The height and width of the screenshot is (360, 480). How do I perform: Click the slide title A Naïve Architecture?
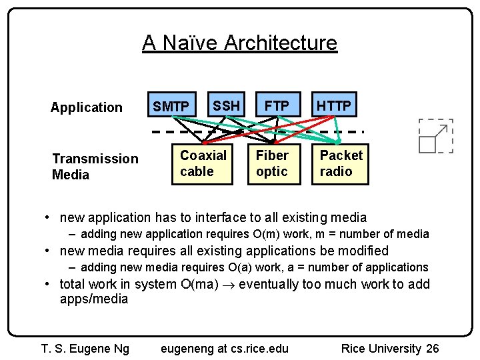239,43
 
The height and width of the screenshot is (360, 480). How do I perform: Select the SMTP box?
171,105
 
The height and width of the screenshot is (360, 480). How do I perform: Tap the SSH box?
226,105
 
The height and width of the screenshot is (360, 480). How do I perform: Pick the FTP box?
277,105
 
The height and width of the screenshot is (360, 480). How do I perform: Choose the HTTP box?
334,105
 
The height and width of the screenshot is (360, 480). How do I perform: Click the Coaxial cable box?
203,163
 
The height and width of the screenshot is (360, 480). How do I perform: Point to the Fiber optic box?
272,163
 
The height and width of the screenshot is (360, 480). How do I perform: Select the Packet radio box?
341,163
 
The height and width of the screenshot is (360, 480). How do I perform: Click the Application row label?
87,107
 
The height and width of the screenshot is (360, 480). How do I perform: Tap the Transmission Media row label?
95,167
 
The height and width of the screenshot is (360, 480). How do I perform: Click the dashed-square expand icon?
435,136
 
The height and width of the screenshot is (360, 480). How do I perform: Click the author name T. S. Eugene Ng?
85,349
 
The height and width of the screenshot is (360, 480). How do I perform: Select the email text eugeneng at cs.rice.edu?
225,349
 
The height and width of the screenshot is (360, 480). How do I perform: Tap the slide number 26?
433,349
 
